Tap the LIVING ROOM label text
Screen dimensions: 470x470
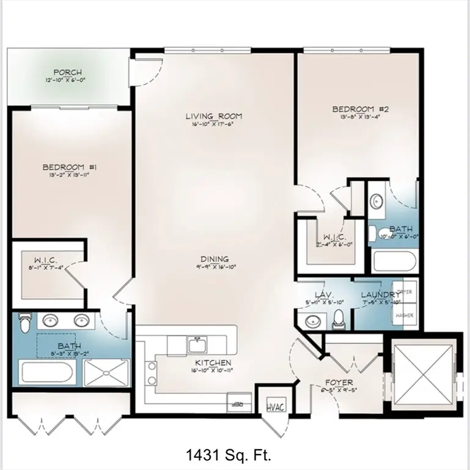pos(214,116)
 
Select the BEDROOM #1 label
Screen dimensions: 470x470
pos(65,167)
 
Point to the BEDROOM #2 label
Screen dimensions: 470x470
pos(360,110)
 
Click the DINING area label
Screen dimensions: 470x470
pos(213,259)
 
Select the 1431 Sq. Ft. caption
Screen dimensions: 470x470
pos(228,455)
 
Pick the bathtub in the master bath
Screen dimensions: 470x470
pos(46,371)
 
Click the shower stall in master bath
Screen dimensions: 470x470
pos(106,371)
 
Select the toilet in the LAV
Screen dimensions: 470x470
pos(338,319)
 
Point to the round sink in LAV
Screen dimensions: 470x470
pos(314,321)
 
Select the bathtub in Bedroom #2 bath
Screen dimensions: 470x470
pos(394,261)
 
